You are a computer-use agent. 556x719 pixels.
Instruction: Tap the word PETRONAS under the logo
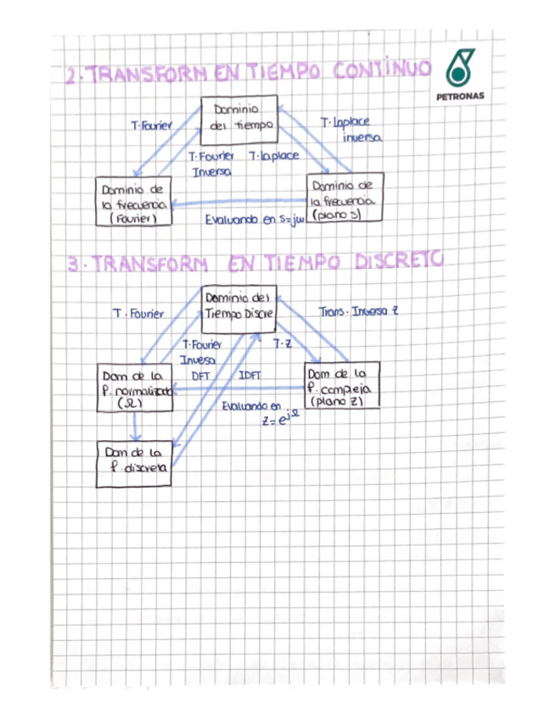click(x=461, y=96)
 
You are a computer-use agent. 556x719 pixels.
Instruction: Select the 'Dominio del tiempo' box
click(x=241, y=120)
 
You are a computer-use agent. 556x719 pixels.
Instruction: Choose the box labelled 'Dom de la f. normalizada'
click(x=136, y=387)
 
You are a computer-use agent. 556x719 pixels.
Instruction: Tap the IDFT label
click(x=250, y=374)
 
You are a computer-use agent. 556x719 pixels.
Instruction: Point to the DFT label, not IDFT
click(x=200, y=374)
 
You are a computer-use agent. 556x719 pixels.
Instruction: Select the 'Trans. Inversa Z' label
click(x=357, y=311)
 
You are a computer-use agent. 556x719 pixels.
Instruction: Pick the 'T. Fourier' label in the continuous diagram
click(x=151, y=125)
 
